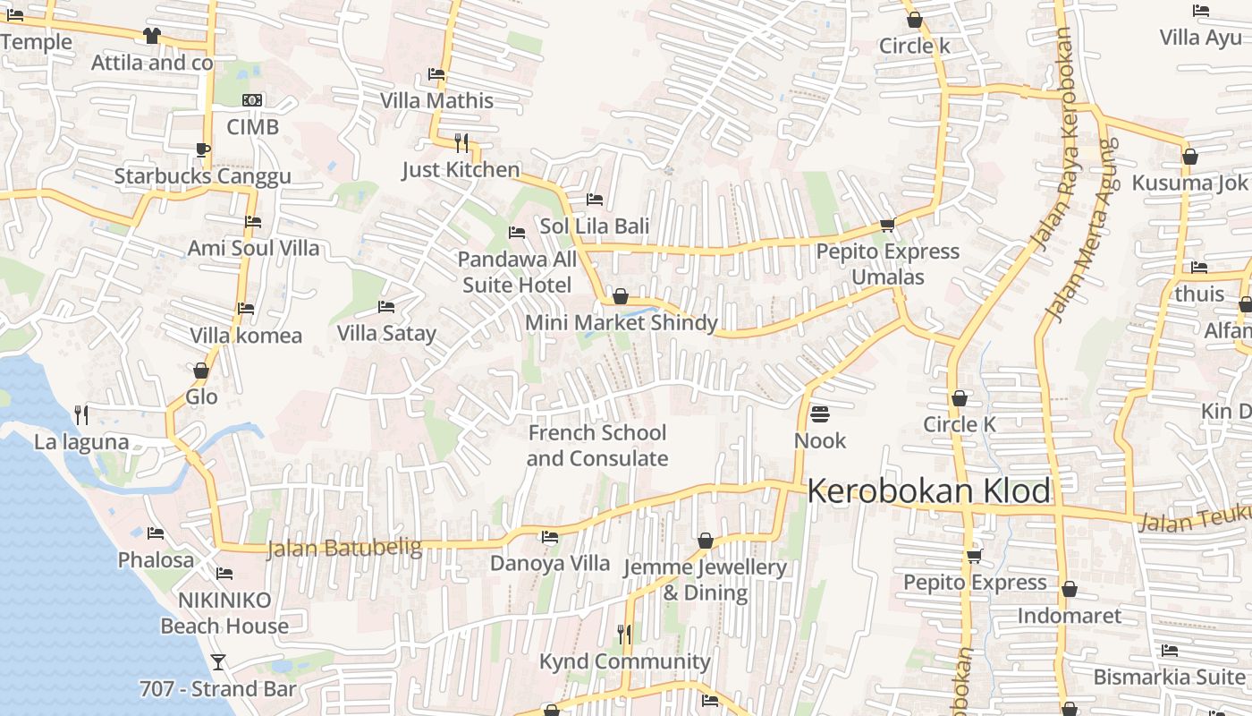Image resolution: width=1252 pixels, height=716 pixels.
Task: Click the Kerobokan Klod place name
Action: [928, 491]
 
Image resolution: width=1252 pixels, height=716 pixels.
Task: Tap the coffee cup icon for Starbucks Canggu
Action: [202, 149]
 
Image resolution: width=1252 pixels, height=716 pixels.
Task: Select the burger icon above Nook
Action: [819, 414]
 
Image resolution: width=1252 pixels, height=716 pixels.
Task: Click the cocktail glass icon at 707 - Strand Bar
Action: [217, 662]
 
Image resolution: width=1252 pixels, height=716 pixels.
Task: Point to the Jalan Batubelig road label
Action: [344, 547]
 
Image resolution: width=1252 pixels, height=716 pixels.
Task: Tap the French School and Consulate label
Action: [596, 446]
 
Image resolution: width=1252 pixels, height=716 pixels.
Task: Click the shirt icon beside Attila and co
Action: [152, 36]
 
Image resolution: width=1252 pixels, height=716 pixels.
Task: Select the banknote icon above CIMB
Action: [252, 100]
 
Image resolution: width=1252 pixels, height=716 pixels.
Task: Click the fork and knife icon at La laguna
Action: [81, 414]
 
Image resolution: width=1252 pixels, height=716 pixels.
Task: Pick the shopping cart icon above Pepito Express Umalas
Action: [887, 225]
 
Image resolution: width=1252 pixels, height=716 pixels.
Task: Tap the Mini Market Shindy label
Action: [621, 323]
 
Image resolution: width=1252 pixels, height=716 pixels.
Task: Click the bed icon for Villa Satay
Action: [386, 307]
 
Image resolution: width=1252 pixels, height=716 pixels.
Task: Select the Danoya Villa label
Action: [549, 564]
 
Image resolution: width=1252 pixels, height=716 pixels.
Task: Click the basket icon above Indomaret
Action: [1070, 589]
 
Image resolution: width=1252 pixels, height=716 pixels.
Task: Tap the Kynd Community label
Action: [624, 662]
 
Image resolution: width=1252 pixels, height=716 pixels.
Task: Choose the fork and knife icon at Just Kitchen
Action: [461, 142]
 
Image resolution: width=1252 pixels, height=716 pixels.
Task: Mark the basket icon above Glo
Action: [201, 371]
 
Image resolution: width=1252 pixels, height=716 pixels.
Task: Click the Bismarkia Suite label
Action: [1168, 677]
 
